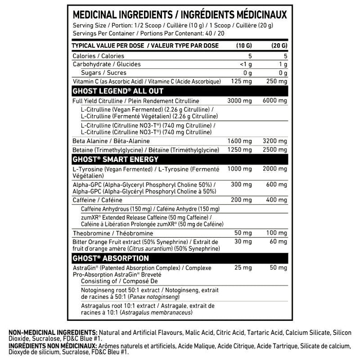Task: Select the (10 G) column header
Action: tap(242, 46)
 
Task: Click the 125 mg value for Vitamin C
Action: tap(240, 81)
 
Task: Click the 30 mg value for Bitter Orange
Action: tap(242, 242)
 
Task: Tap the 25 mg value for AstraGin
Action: tap(242, 268)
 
